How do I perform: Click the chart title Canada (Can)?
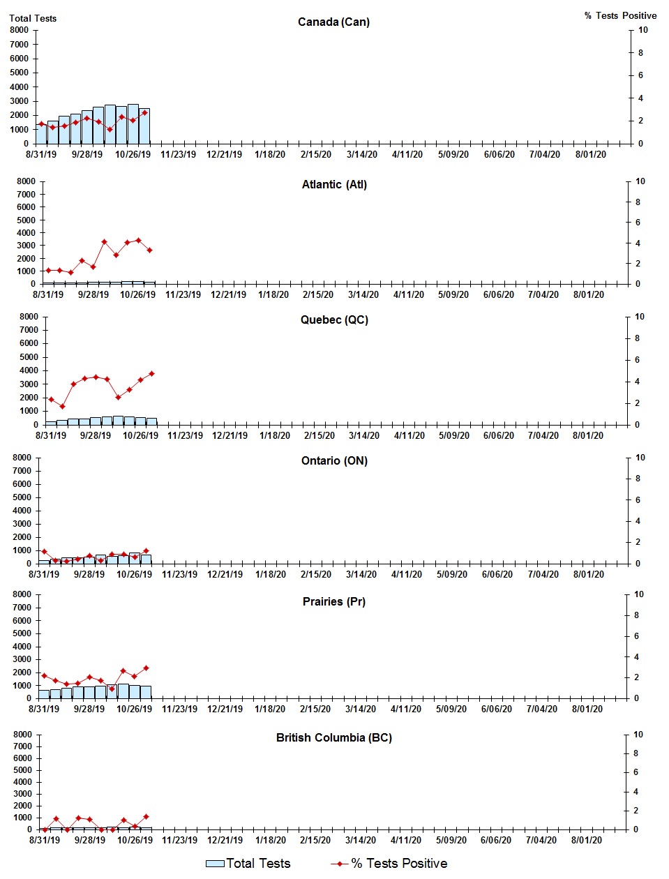pyautogui.click(x=333, y=22)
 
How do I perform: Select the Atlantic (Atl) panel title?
pyautogui.click(x=334, y=185)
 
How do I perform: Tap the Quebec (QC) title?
pyautogui.click(x=334, y=320)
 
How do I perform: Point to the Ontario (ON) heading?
pyautogui.click(x=334, y=461)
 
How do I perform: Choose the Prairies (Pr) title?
pyautogui.click(x=334, y=602)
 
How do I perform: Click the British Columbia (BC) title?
pyautogui.click(x=334, y=738)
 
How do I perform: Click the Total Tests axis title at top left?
pyautogui.click(x=33, y=19)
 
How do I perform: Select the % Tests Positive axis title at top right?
pyautogui.click(x=620, y=16)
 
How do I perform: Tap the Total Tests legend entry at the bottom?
pyautogui.click(x=248, y=864)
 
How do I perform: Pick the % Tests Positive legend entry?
pyautogui.click(x=389, y=864)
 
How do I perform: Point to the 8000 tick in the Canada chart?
pyautogui.click(x=20, y=30)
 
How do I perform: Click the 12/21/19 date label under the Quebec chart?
pyautogui.click(x=230, y=436)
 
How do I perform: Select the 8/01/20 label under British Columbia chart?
pyautogui.click(x=587, y=841)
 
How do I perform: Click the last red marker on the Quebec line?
pyautogui.click(x=151, y=374)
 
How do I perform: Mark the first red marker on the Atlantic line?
pyautogui.click(x=48, y=271)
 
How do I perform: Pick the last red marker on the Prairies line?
pyautogui.click(x=146, y=668)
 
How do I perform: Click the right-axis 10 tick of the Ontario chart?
pyautogui.click(x=640, y=458)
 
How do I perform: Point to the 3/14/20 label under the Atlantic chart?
pyautogui.click(x=363, y=295)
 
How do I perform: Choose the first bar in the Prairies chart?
pyautogui.click(x=44, y=694)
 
